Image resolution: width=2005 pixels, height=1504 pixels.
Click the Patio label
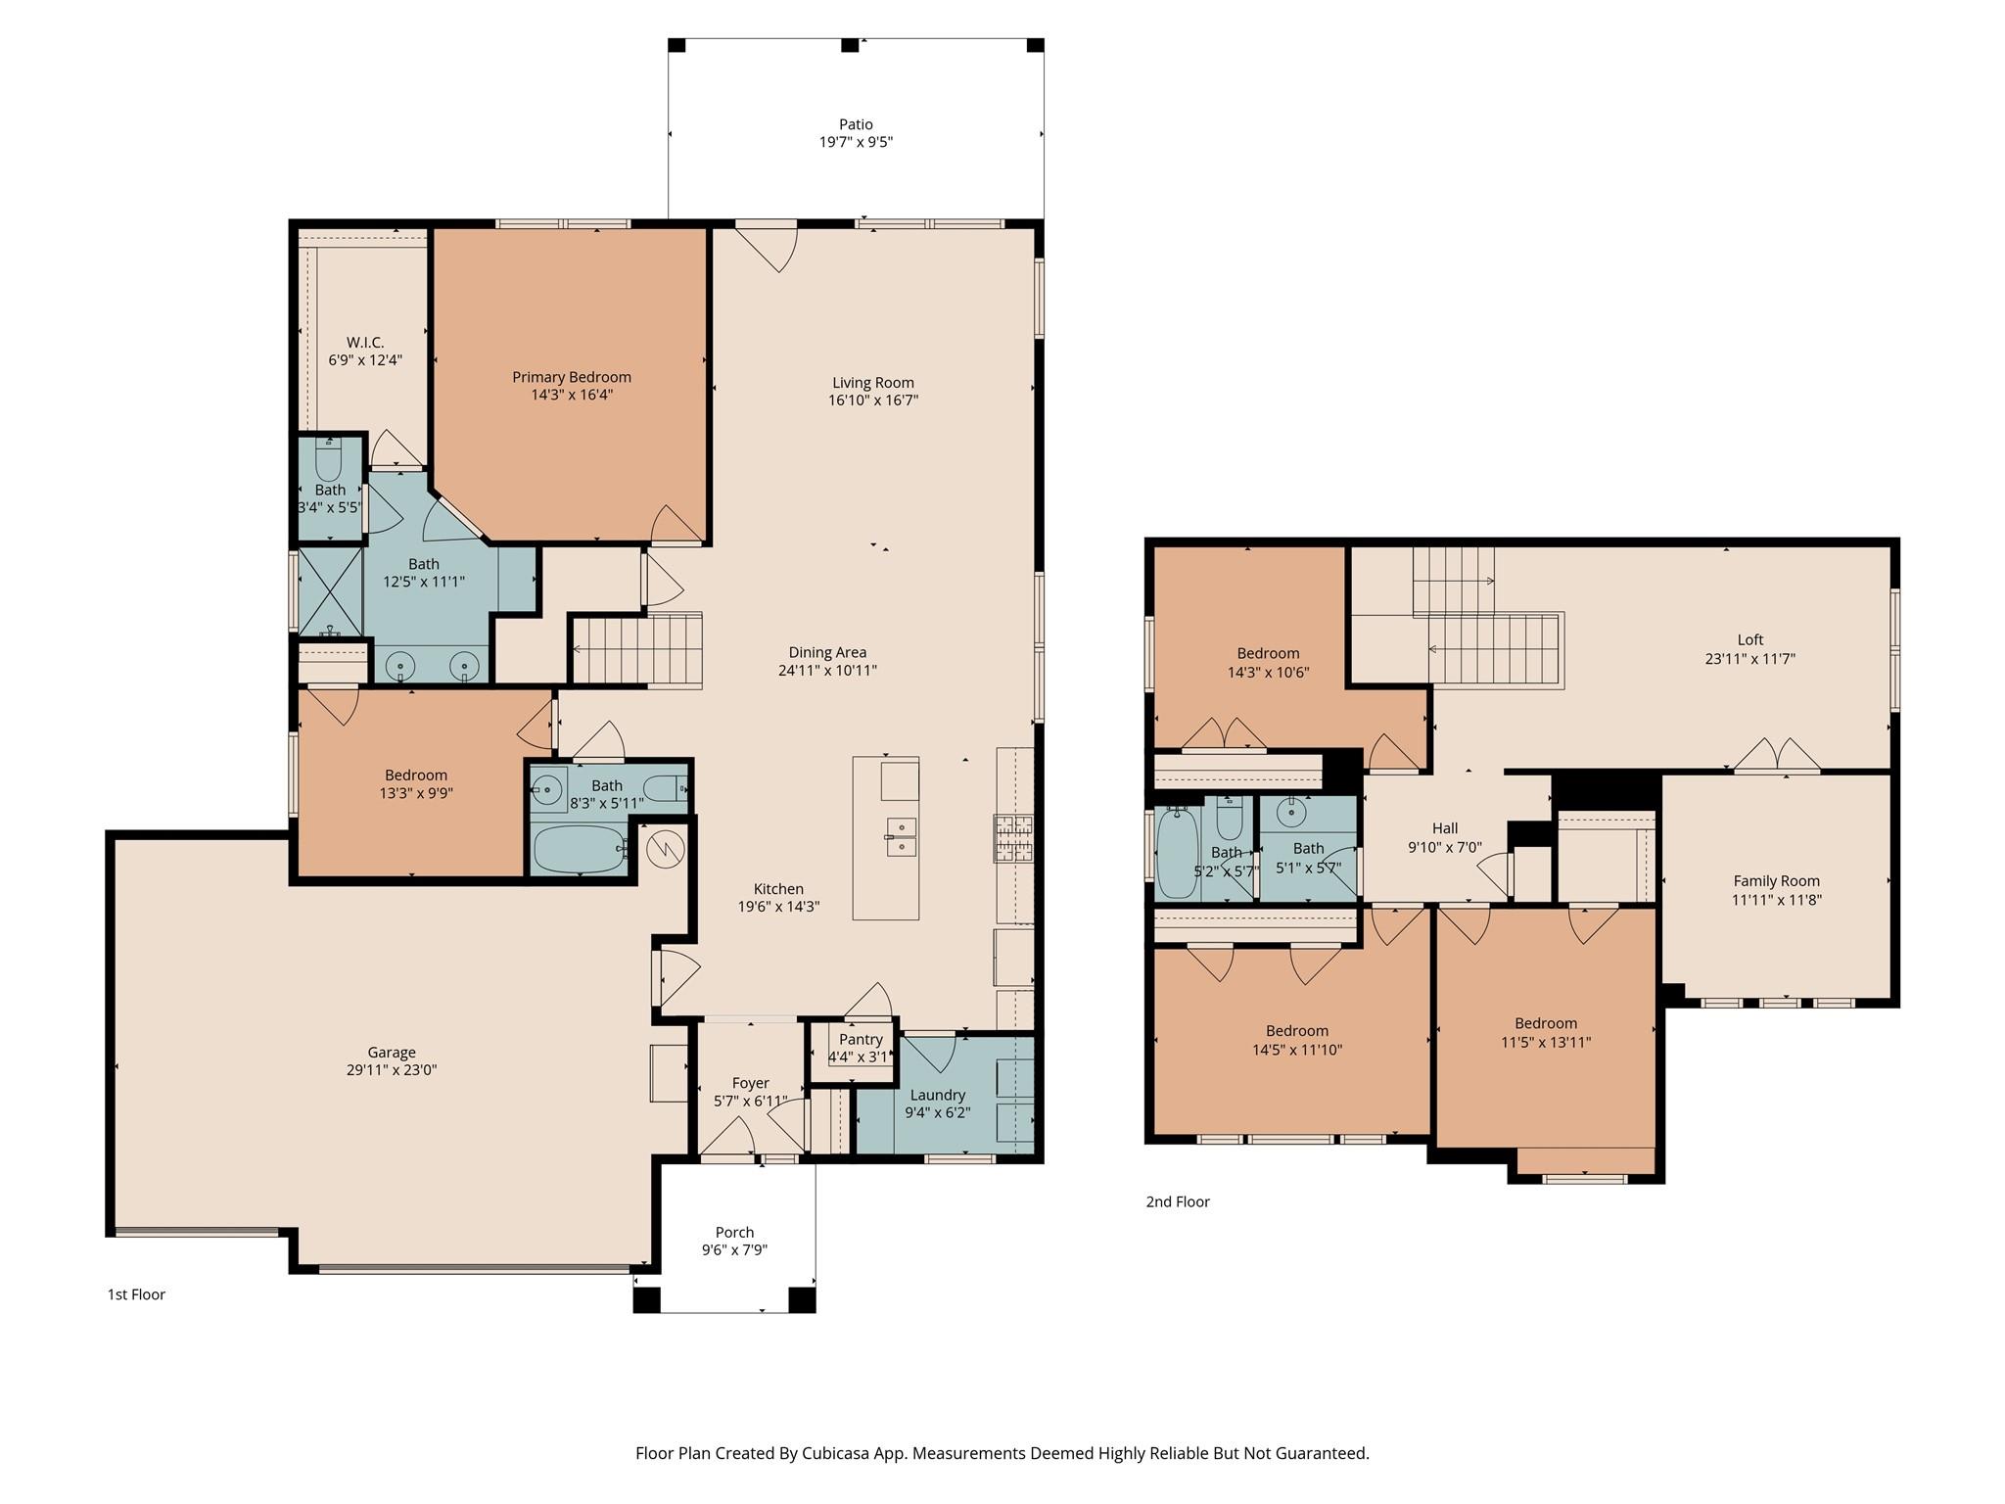pyautogui.click(x=856, y=124)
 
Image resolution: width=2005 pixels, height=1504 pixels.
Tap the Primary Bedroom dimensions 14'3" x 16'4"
pyautogui.click(x=572, y=395)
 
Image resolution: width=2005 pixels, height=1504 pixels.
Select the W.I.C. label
pyautogui.click(x=365, y=342)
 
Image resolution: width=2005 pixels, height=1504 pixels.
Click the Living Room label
pyautogui.click(x=873, y=382)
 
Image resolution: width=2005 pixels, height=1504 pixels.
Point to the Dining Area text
pyautogui.click(x=827, y=652)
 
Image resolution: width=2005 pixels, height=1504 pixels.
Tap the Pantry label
pyautogui.click(x=861, y=1039)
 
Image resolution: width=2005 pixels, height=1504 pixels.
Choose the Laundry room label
pyautogui.click(x=937, y=1095)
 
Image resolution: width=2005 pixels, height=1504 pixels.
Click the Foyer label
pyautogui.click(x=751, y=1082)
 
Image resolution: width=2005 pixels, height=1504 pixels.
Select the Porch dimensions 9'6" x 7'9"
pyautogui.click(x=734, y=1250)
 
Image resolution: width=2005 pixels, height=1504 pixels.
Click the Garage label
pyautogui.click(x=392, y=1052)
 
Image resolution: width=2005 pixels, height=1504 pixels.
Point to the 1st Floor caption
pyautogui.click(x=136, y=1294)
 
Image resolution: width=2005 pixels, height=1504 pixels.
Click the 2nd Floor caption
pyautogui.click(x=1178, y=1201)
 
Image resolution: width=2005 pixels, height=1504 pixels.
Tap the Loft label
pyautogui.click(x=1750, y=640)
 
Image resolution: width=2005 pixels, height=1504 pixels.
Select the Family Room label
pyautogui.click(x=1776, y=880)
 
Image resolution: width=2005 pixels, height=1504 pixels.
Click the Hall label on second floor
pyautogui.click(x=1445, y=828)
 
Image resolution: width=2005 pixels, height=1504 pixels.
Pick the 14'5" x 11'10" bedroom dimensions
pyautogui.click(x=1297, y=1050)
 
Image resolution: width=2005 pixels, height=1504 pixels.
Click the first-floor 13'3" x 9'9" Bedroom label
pyautogui.click(x=416, y=775)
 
